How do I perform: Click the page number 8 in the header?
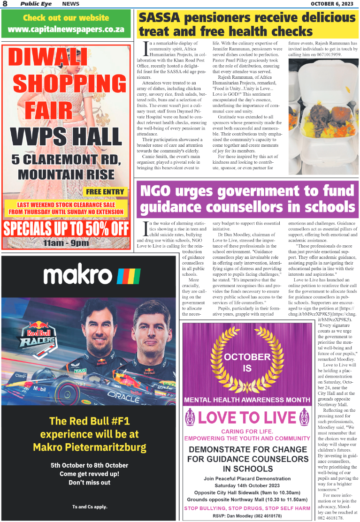5,4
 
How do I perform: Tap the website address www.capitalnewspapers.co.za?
66,29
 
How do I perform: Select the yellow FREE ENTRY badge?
106,191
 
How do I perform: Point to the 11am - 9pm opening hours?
66,243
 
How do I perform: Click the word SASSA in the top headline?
160,18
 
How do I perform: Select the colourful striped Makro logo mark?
129,276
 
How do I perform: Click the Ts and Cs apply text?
89,507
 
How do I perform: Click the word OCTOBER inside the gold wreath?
247,356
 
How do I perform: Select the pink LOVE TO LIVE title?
247,417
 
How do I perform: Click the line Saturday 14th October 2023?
247,485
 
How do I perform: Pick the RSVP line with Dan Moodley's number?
247,515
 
